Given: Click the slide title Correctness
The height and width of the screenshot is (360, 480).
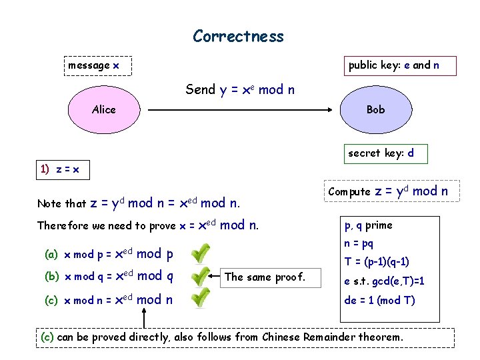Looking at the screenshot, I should click(x=238, y=36).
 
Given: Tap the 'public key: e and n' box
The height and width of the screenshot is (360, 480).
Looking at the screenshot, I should click(x=393, y=65).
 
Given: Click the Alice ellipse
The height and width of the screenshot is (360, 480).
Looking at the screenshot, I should click(x=103, y=109).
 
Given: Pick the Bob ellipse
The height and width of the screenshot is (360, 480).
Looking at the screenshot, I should click(x=375, y=109).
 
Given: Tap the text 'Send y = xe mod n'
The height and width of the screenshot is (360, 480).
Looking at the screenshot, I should click(x=240, y=89).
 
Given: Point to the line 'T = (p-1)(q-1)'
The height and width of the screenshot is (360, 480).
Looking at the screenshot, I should click(x=377, y=261).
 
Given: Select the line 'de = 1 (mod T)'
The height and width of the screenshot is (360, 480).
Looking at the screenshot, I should click(x=379, y=300).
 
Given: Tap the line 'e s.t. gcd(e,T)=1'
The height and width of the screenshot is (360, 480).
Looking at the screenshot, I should click(x=384, y=281).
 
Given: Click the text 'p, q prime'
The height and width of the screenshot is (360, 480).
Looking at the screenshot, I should click(x=368, y=225).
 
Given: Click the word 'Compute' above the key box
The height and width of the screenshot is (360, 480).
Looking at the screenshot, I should click(x=349, y=192).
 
